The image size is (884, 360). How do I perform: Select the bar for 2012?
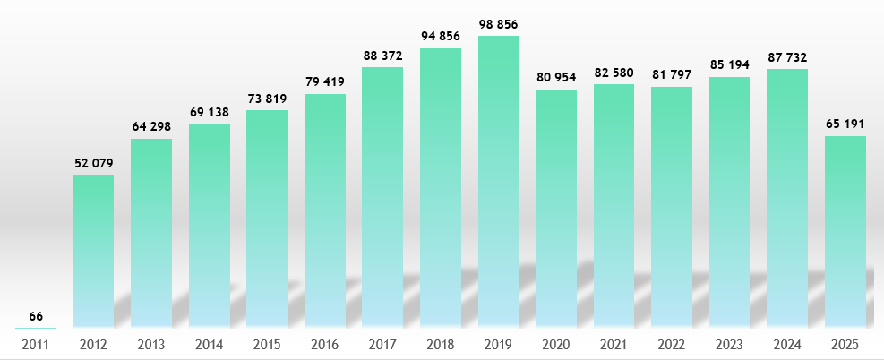click(93, 251)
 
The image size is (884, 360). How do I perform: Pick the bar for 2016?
click(325, 210)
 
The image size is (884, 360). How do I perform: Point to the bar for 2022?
click(672, 207)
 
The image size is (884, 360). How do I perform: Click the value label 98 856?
click(498, 23)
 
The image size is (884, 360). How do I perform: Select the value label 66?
click(36, 316)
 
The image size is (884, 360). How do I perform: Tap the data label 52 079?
click(93, 162)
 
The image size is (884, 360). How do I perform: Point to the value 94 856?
click(441, 36)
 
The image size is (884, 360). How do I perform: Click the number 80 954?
click(556, 77)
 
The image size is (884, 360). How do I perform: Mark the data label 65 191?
click(845, 124)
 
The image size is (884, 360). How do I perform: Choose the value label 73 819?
click(267, 98)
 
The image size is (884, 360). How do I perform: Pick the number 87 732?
click(787, 56)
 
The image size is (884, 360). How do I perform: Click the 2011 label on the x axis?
click(36, 344)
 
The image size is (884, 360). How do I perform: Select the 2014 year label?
click(210, 344)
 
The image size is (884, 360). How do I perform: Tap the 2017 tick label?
click(382, 344)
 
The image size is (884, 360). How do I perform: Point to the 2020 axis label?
click(556, 344)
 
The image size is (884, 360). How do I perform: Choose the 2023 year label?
click(730, 344)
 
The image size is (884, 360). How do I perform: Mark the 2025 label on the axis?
click(845, 344)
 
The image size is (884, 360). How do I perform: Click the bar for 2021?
click(614, 206)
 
